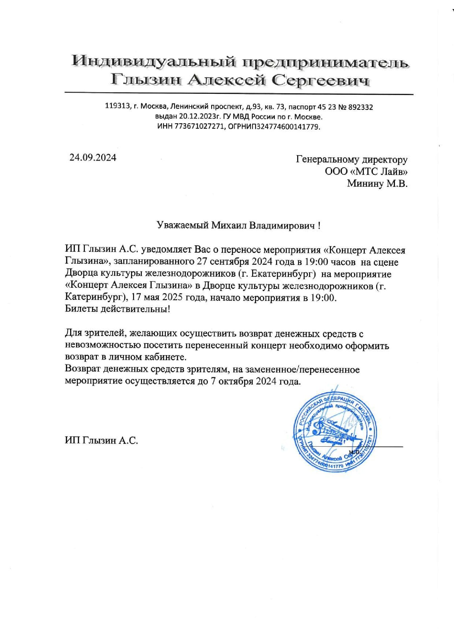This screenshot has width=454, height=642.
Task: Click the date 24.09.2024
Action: click(93, 158)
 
